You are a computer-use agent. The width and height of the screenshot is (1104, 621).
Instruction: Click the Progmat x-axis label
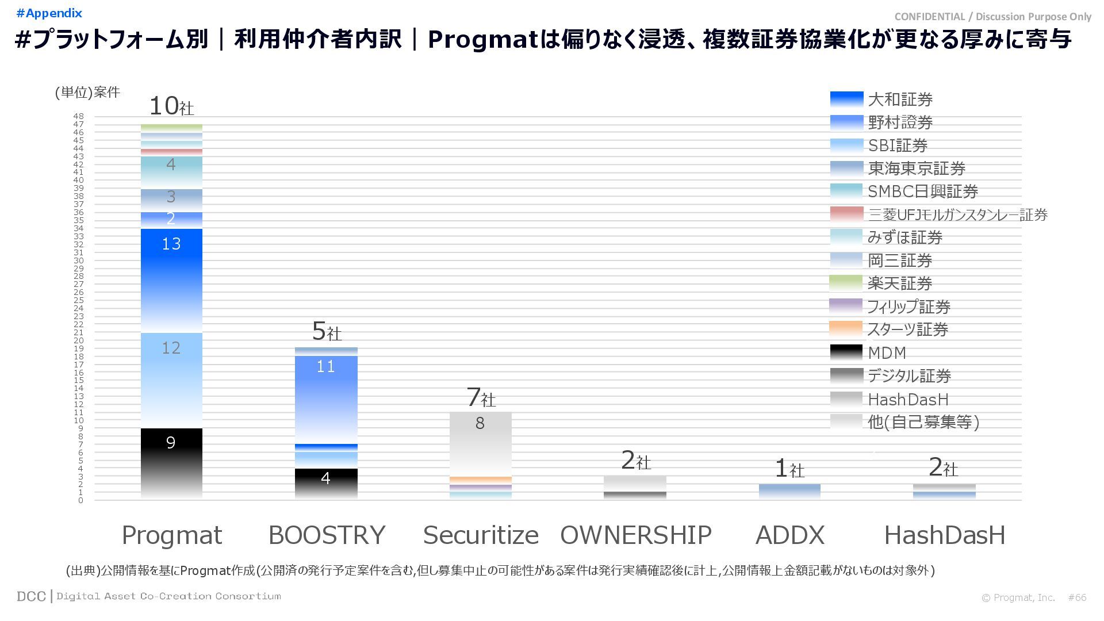[x=171, y=535]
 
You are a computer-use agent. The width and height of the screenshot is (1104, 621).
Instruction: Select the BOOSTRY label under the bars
[x=327, y=535]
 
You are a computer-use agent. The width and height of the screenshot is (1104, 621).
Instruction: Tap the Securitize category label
[x=481, y=535]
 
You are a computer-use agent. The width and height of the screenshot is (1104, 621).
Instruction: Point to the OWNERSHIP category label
[x=635, y=535]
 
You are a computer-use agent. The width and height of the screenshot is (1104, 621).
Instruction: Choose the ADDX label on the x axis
[x=789, y=535]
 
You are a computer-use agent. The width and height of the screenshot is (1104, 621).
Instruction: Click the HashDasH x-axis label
[x=944, y=535]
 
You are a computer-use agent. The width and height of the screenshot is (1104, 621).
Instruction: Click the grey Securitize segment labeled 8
[x=480, y=443]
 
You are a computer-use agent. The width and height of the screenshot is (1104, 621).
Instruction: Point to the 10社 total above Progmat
[x=171, y=106]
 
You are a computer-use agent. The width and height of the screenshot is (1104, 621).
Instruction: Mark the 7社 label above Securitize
[x=481, y=397]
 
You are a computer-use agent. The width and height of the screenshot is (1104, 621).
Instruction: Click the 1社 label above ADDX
[x=789, y=469]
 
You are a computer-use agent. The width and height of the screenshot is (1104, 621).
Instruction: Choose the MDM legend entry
[x=886, y=352]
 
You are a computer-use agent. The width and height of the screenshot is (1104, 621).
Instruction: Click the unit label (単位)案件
[x=87, y=93]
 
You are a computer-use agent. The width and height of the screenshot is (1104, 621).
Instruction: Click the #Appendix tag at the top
[x=49, y=13]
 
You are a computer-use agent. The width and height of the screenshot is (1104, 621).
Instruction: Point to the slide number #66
[x=1077, y=597]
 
